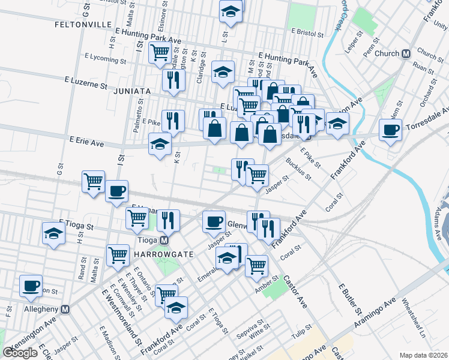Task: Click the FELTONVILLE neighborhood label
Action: (x=81, y=25)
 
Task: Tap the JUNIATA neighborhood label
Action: (x=130, y=91)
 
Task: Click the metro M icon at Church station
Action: (x=406, y=53)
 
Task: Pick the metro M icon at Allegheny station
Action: (x=65, y=310)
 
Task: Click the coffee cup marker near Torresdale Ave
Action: (x=391, y=129)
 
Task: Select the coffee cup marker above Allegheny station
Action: (x=31, y=285)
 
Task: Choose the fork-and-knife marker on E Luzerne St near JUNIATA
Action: (x=173, y=80)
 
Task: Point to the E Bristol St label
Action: (x=307, y=31)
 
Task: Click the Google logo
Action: (x=20, y=352)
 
